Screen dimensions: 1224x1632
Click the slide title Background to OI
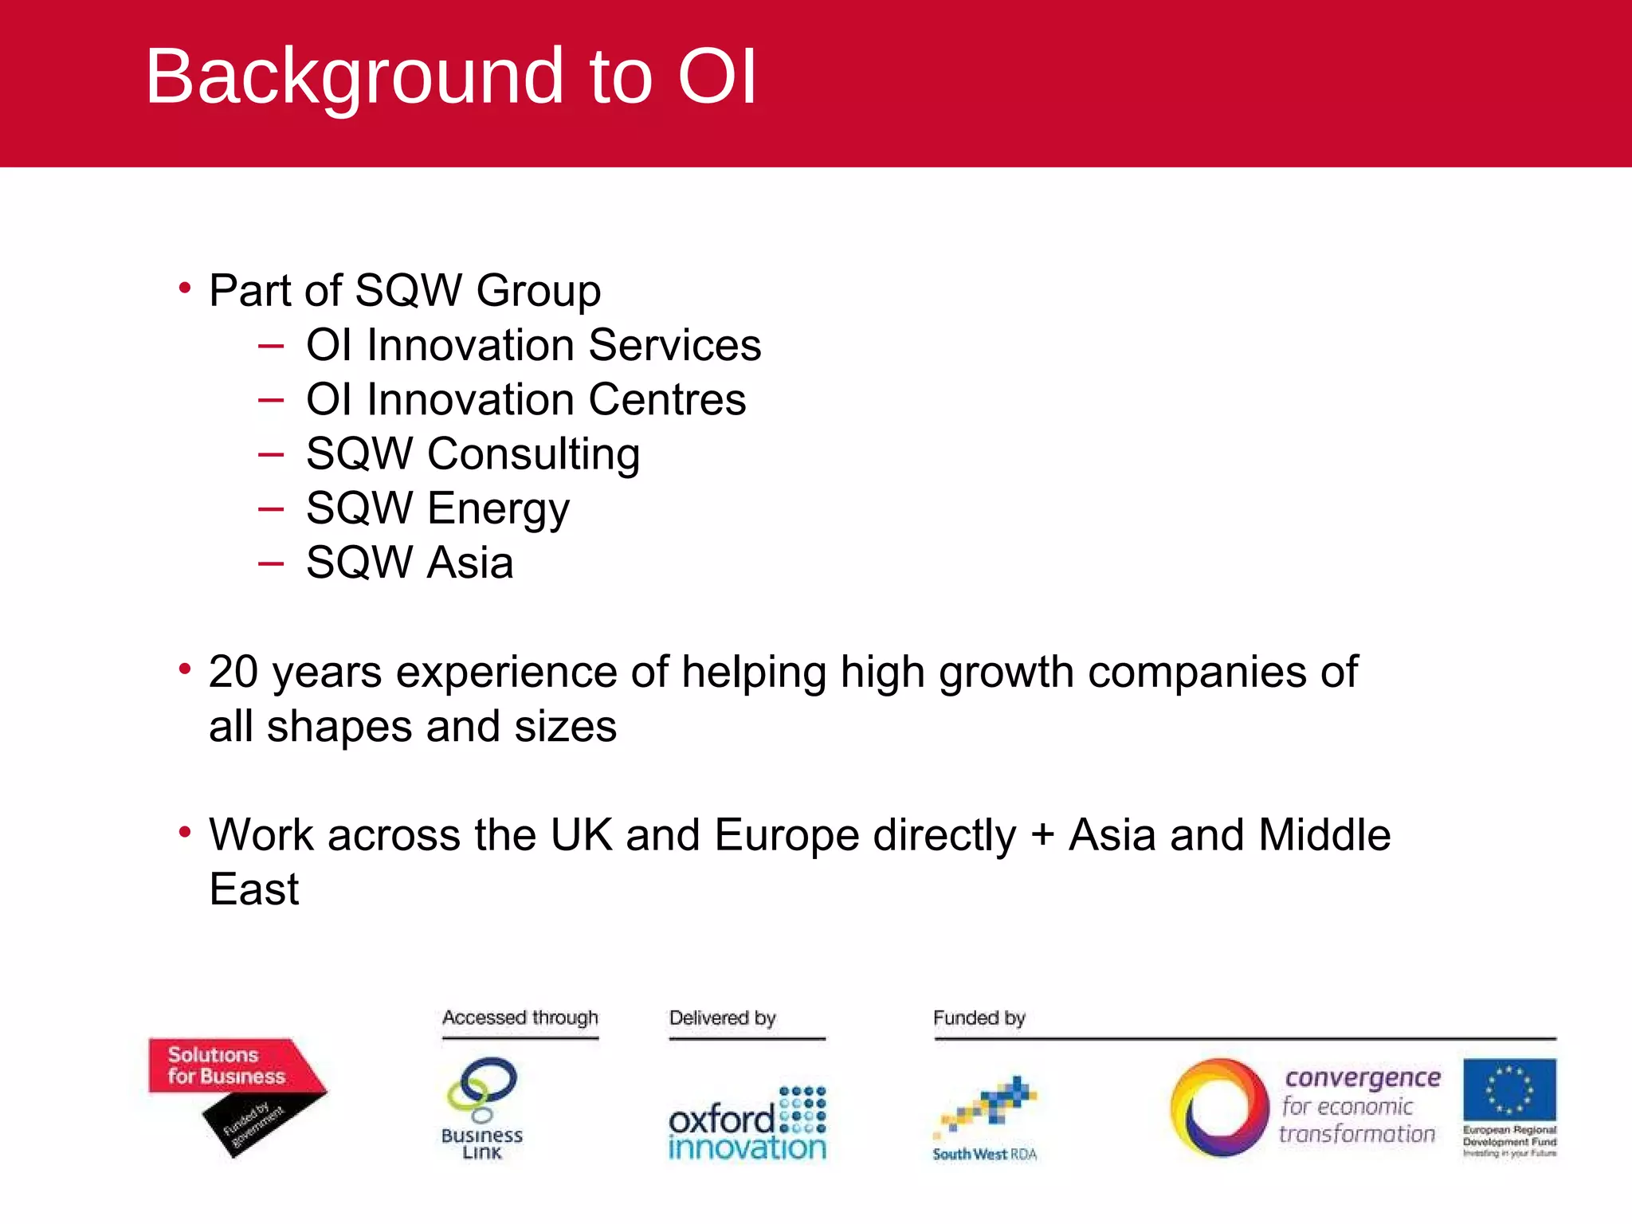pos(450,76)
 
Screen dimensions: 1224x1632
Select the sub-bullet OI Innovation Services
pos(533,345)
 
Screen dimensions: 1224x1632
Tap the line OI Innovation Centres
pos(526,399)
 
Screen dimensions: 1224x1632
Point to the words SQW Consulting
pos(473,453)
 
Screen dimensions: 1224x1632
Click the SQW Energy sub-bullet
pos(437,508)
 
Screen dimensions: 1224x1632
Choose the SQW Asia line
pos(410,563)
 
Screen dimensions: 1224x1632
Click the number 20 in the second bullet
pos(233,672)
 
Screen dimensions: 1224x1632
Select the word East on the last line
pos(253,889)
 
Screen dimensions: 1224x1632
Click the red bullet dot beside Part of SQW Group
pos(185,288)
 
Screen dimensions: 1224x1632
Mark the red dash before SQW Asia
pos(271,563)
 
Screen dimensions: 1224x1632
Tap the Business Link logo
pos(482,1108)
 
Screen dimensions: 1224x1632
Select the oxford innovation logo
pos(747,1124)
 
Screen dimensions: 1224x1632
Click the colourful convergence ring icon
pos(1218,1108)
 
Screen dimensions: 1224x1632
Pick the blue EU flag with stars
pos(1509,1089)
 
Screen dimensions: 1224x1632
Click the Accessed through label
pos(520,1018)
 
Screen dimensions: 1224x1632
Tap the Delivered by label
pos(722,1018)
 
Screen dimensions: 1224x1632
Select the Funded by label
pos(979,1018)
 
